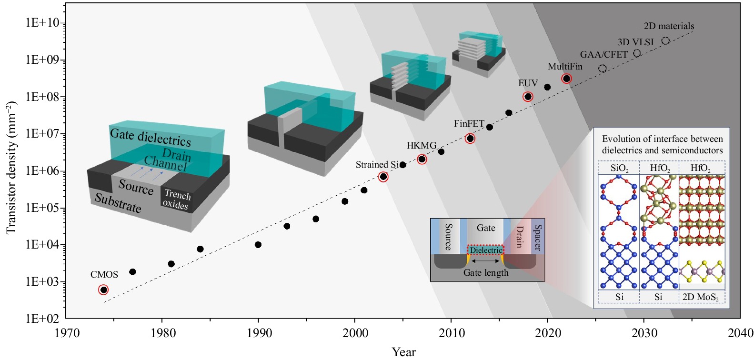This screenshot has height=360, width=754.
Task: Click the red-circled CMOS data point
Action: [x=103, y=290]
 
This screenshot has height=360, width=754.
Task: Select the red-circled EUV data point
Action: [x=528, y=97]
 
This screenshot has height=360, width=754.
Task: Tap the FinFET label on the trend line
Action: [x=469, y=124]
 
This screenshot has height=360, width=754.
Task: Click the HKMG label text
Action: [x=421, y=146]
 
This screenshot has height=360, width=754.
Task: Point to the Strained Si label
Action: [x=377, y=165]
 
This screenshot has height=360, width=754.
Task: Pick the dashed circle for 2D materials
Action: [x=665, y=41]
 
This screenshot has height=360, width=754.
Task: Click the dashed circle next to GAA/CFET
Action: [x=603, y=69]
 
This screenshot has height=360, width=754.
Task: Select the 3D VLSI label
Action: [x=635, y=42]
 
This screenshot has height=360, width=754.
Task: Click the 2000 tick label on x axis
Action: [x=355, y=333]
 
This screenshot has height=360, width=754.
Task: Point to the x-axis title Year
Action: [x=403, y=352]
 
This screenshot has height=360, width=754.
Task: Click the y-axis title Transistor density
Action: [x=11, y=167]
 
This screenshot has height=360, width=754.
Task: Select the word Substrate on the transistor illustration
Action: [x=118, y=203]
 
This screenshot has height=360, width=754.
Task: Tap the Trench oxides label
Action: [x=176, y=200]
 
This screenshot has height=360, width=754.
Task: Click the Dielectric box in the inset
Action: [x=486, y=250]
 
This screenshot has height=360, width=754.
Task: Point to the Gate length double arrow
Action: [x=486, y=261]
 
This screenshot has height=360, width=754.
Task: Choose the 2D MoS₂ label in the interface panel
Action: [x=700, y=297]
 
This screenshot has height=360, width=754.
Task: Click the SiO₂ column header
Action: [x=619, y=168]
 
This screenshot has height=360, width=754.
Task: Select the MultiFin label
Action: [x=565, y=67]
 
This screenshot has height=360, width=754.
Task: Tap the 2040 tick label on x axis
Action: [x=740, y=333]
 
